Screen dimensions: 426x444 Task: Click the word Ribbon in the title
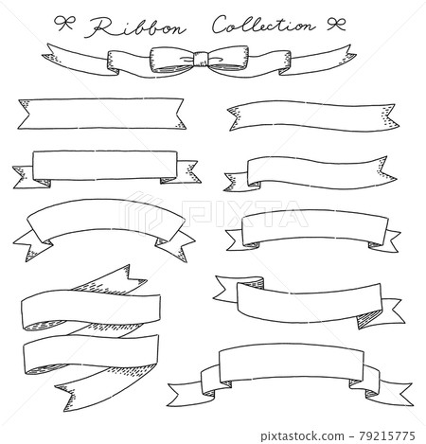(135, 27)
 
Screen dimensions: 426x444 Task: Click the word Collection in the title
(263, 25)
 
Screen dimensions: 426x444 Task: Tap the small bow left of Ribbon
(64, 24)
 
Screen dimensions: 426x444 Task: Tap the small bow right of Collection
(336, 24)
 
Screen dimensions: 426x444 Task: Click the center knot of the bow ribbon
(200, 59)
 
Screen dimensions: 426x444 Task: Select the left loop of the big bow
(172, 59)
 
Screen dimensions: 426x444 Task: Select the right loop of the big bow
(227, 59)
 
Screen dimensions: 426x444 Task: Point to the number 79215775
(386, 435)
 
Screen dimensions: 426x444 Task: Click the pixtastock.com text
(302, 436)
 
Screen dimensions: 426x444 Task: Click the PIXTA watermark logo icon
(141, 214)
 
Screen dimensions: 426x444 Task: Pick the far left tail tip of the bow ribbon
(43, 56)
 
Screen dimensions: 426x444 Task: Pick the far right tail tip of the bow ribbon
(355, 55)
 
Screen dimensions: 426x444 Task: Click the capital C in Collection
(221, 25)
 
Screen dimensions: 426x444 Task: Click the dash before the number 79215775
(351, 436)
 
